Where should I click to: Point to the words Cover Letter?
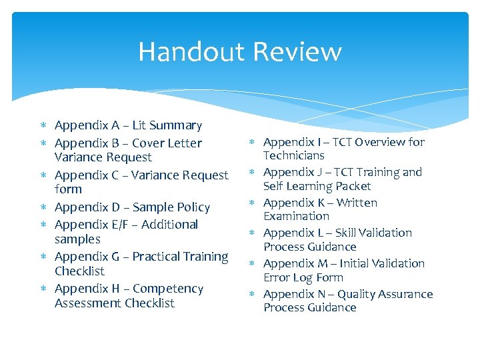(x=167, y=143)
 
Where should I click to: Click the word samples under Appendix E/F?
(x=77, y=239)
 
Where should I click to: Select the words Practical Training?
(x=180, y=257)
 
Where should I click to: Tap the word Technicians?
(x=293, y=156)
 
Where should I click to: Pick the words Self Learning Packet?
(x=317, y=186)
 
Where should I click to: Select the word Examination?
(x=296, y=217)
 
